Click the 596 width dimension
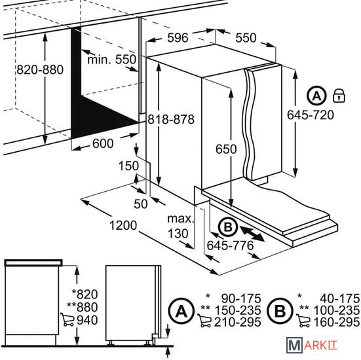(178, 37)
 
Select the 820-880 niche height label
(40, 69)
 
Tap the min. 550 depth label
(112, 60)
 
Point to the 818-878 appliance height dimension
(171, 119)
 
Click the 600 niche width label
(103, 143)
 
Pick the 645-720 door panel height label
(311, 115)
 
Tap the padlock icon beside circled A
(339, 96)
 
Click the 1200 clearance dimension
(123, 225)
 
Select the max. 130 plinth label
(181, 226)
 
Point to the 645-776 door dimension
(230, 245)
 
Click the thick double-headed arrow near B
(252, 234)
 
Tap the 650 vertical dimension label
(226, 149)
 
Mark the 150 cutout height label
(128, 166)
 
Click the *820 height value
(85, 294)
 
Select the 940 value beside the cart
(87, 320)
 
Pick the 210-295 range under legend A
(238, 322)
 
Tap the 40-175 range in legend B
(339, 298)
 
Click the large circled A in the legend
(181, 311)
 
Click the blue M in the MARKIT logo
(294, 344)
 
